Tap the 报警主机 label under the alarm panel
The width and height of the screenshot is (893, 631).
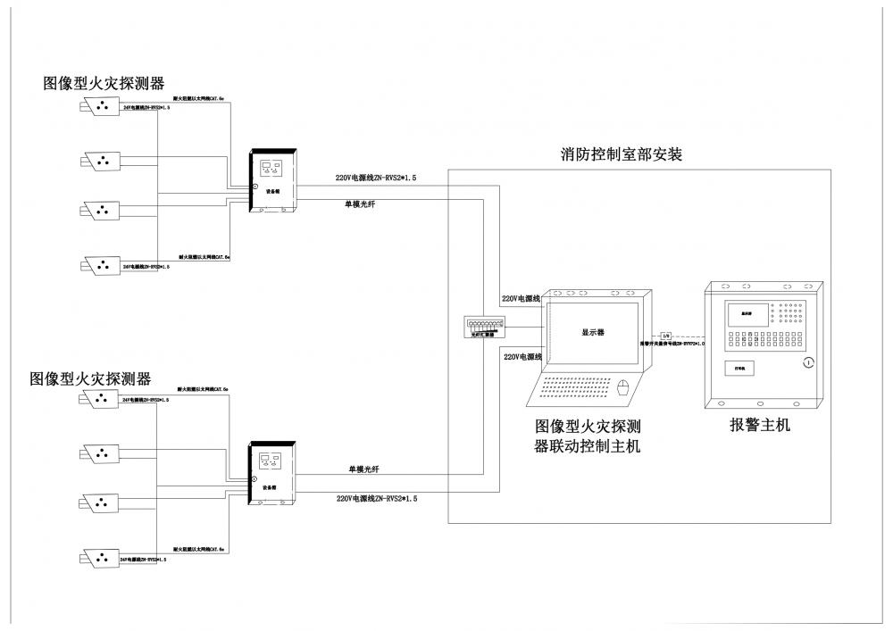[x=759, y=426]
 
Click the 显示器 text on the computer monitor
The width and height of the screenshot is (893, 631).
[x=594, y=331]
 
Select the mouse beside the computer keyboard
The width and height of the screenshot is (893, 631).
[x=624, y=387]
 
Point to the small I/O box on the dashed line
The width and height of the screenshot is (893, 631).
[x=664, y=335]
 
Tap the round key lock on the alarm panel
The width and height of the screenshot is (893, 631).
[x=808, y=362]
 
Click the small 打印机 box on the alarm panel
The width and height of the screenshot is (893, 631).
[x=739, y=367]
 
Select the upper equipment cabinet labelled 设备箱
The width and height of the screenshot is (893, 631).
[x=276, y=180]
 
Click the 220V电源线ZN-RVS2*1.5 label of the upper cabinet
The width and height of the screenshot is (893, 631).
[x=375, y=179]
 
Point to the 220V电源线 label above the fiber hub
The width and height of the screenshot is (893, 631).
[x=521, y=299]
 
